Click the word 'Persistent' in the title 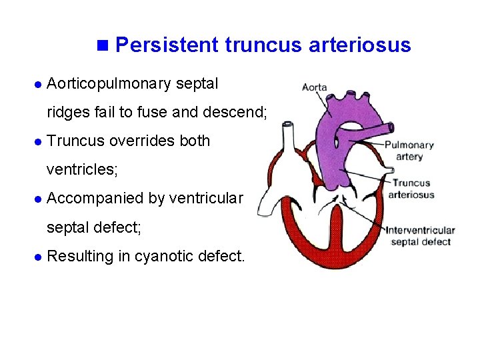coord(167,45)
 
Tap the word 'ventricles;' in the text coord(82,170)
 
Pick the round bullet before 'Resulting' coord(37,257)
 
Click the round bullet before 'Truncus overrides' coord(37,142)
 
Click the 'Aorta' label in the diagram coord(314,87)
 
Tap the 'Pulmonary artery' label coord(409,151)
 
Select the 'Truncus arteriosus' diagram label coord(411,189)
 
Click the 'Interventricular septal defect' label coord(420,235)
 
